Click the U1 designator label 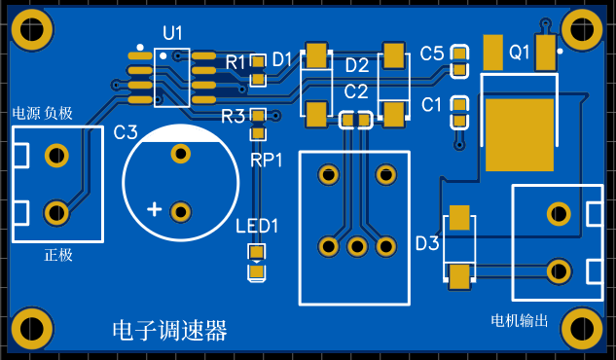point(172,33)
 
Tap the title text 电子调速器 point(169,330)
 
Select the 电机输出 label point(519,321)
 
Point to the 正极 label point(58,255)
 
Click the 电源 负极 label point(43,113)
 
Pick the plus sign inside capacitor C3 point(155,209)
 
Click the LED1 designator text point(257,226)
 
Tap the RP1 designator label point(267,161)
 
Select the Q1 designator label point(520,52)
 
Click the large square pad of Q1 point(520,134)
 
